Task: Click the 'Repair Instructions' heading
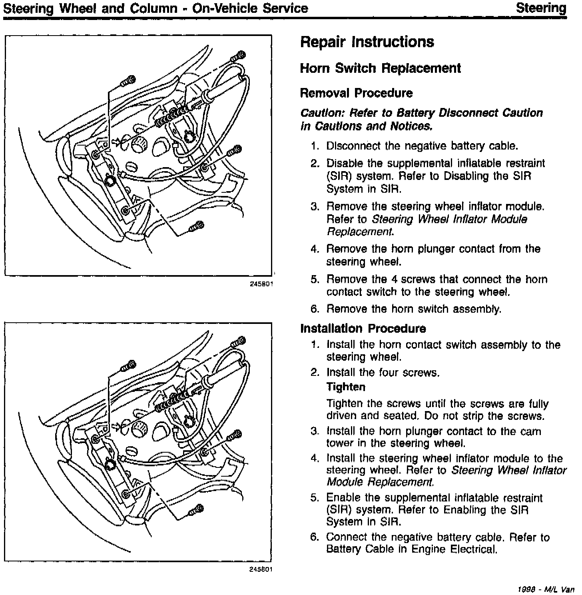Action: [367, 42]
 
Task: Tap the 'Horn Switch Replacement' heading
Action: [380, 68]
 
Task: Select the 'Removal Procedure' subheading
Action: [356, 93]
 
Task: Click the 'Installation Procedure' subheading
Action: [363, 328]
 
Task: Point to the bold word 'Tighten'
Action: [346, 387]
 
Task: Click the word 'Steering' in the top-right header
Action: [541, 8]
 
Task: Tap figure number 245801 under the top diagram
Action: [261, 284]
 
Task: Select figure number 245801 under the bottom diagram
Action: [261, 570]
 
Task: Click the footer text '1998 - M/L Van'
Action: [546, 589]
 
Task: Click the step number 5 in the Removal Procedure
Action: [314, 279]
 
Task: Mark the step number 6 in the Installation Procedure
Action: [314, 537]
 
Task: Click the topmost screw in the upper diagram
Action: [240, 55]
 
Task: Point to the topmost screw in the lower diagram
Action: [240, 341]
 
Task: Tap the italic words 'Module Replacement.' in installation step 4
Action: [380, 482]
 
